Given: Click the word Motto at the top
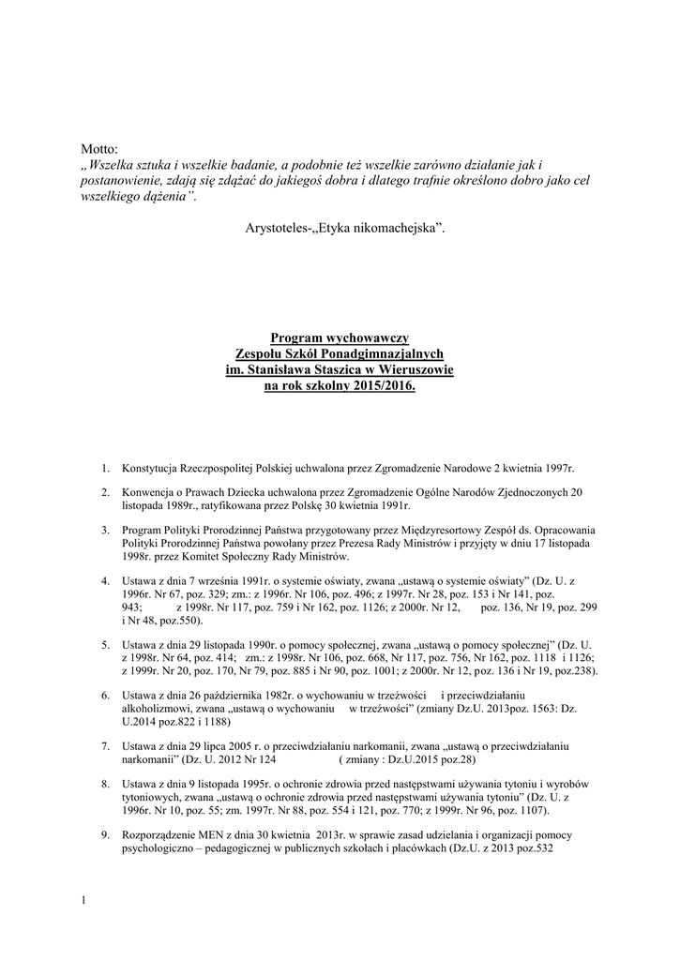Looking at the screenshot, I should pos(98,148).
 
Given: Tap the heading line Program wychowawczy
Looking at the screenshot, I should pos(340,337).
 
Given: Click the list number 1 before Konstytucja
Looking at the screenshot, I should pos(105,466).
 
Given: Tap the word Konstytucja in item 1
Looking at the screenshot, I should pos(154,466).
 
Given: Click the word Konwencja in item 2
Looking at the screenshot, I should pos(150,492).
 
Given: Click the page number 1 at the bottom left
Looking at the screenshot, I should pos(83,902).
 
